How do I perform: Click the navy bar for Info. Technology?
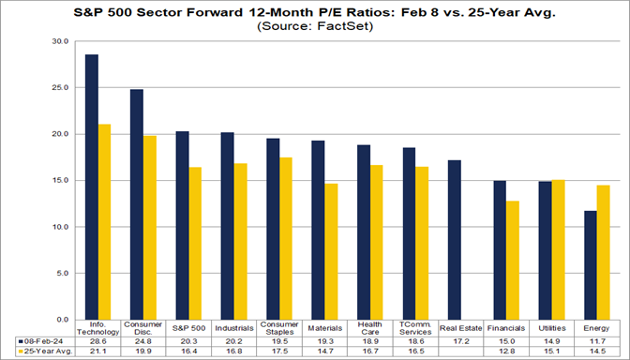[x=92, y=187]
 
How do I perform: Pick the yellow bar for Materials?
[x=330, y=251]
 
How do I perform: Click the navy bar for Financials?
[x=499, y=249]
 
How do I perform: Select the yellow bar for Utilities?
[x=558, y=249]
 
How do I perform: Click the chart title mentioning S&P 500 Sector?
[x=315, y=12]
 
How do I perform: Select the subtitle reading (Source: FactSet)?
[x=315, y=26]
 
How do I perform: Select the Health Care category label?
[x=369, y=328]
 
